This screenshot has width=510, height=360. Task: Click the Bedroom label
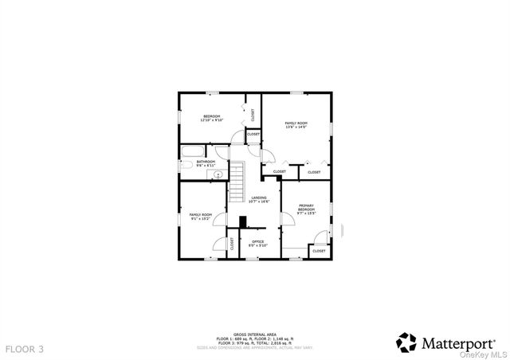click(212, 118)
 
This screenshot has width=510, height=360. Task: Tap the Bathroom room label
click(206, 164)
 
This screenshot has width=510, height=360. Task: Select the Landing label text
click(259, 199)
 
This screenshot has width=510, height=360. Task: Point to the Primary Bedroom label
click(307, 210)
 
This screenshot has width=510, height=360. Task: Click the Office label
click(257, 243)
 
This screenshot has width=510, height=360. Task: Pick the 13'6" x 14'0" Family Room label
click(296, 125)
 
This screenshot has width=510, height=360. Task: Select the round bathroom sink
click(218, 173)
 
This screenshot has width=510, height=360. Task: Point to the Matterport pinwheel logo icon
click(406, 342)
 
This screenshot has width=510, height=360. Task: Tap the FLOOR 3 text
click(25, 349)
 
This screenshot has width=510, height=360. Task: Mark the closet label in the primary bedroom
click(318, 251)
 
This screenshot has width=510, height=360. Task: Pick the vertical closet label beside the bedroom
click(253, 115)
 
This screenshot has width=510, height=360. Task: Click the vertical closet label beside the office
click(232, 245)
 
